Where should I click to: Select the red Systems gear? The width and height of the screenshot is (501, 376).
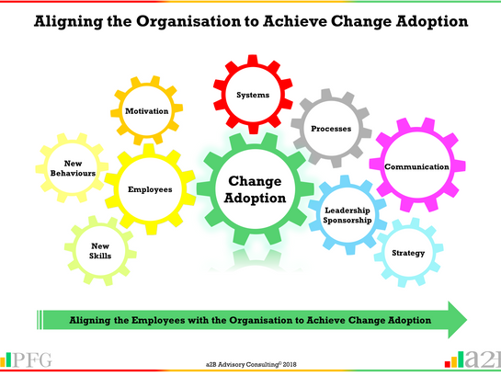[x=253, y=95]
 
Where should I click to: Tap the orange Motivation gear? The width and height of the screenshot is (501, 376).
[x=147, y=111]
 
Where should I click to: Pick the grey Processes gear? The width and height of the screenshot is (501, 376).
[x=330, y=128]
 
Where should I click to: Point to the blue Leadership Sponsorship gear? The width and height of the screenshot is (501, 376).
[x=347, y=215]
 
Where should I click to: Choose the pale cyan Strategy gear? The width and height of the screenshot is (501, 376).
[x=401, y=252]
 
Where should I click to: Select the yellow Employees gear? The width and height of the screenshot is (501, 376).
[x=151, y=189]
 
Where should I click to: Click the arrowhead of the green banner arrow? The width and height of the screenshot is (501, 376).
[x=455, y=319]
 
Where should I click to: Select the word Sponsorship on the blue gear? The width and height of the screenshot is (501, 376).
[x=347, y=222]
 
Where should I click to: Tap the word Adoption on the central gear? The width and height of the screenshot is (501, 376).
[x=251, y=198]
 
